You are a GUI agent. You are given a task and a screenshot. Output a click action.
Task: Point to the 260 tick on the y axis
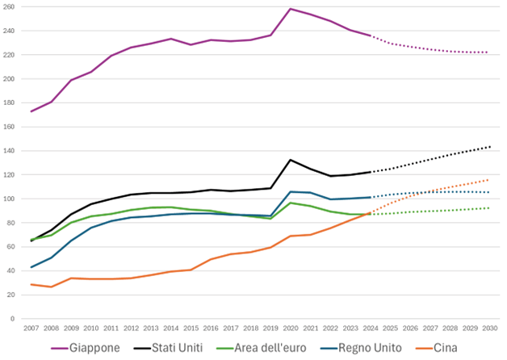[15, 8]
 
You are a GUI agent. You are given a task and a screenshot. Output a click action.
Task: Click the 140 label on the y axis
[15, 151]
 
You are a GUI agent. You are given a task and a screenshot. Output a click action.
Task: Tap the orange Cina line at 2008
[52, 287]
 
